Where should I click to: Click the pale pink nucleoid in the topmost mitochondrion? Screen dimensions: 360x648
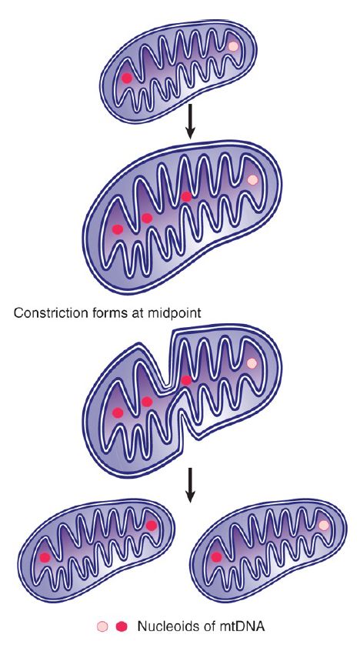pyautogui.click(x=233, y=46)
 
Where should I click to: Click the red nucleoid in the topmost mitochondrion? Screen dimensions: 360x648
pyautogui.click(x=127, y=78)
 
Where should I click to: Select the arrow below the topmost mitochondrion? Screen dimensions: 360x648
pyautogui.click(x=190, y=121)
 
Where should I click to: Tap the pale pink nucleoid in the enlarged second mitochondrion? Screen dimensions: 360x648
pyautogui.click(x=252, y=180)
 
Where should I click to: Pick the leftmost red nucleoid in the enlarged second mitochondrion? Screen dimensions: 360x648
pyautogui.click(x=118, y=229)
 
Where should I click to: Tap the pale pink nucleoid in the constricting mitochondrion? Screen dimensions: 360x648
pyautogui.click(x=252, y=362)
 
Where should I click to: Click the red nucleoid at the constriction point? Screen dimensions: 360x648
pyautogui.click(x=186, y=380)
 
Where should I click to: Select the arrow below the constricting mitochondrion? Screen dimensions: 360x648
pyautogui.click(x=190, y=485)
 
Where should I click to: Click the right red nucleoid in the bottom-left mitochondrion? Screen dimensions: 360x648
pyautogui.click(x=152, y=526)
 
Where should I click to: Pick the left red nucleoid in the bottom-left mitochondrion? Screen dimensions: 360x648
pyautogui.click(x=45, y=557)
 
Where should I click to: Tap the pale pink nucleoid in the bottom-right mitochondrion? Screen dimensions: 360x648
pyautogui.click(x=324, y=526)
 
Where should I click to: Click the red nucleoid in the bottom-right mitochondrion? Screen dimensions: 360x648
pyautogui.click(x=216, y=557)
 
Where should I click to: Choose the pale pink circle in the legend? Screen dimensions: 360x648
pyautogui.click(x=102, y=626)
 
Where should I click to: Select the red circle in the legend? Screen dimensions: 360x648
pyautogui.click(x=122, y=626)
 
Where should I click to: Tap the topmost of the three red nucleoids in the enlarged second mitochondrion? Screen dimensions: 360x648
pyautogui.click(x=186, y=197)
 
